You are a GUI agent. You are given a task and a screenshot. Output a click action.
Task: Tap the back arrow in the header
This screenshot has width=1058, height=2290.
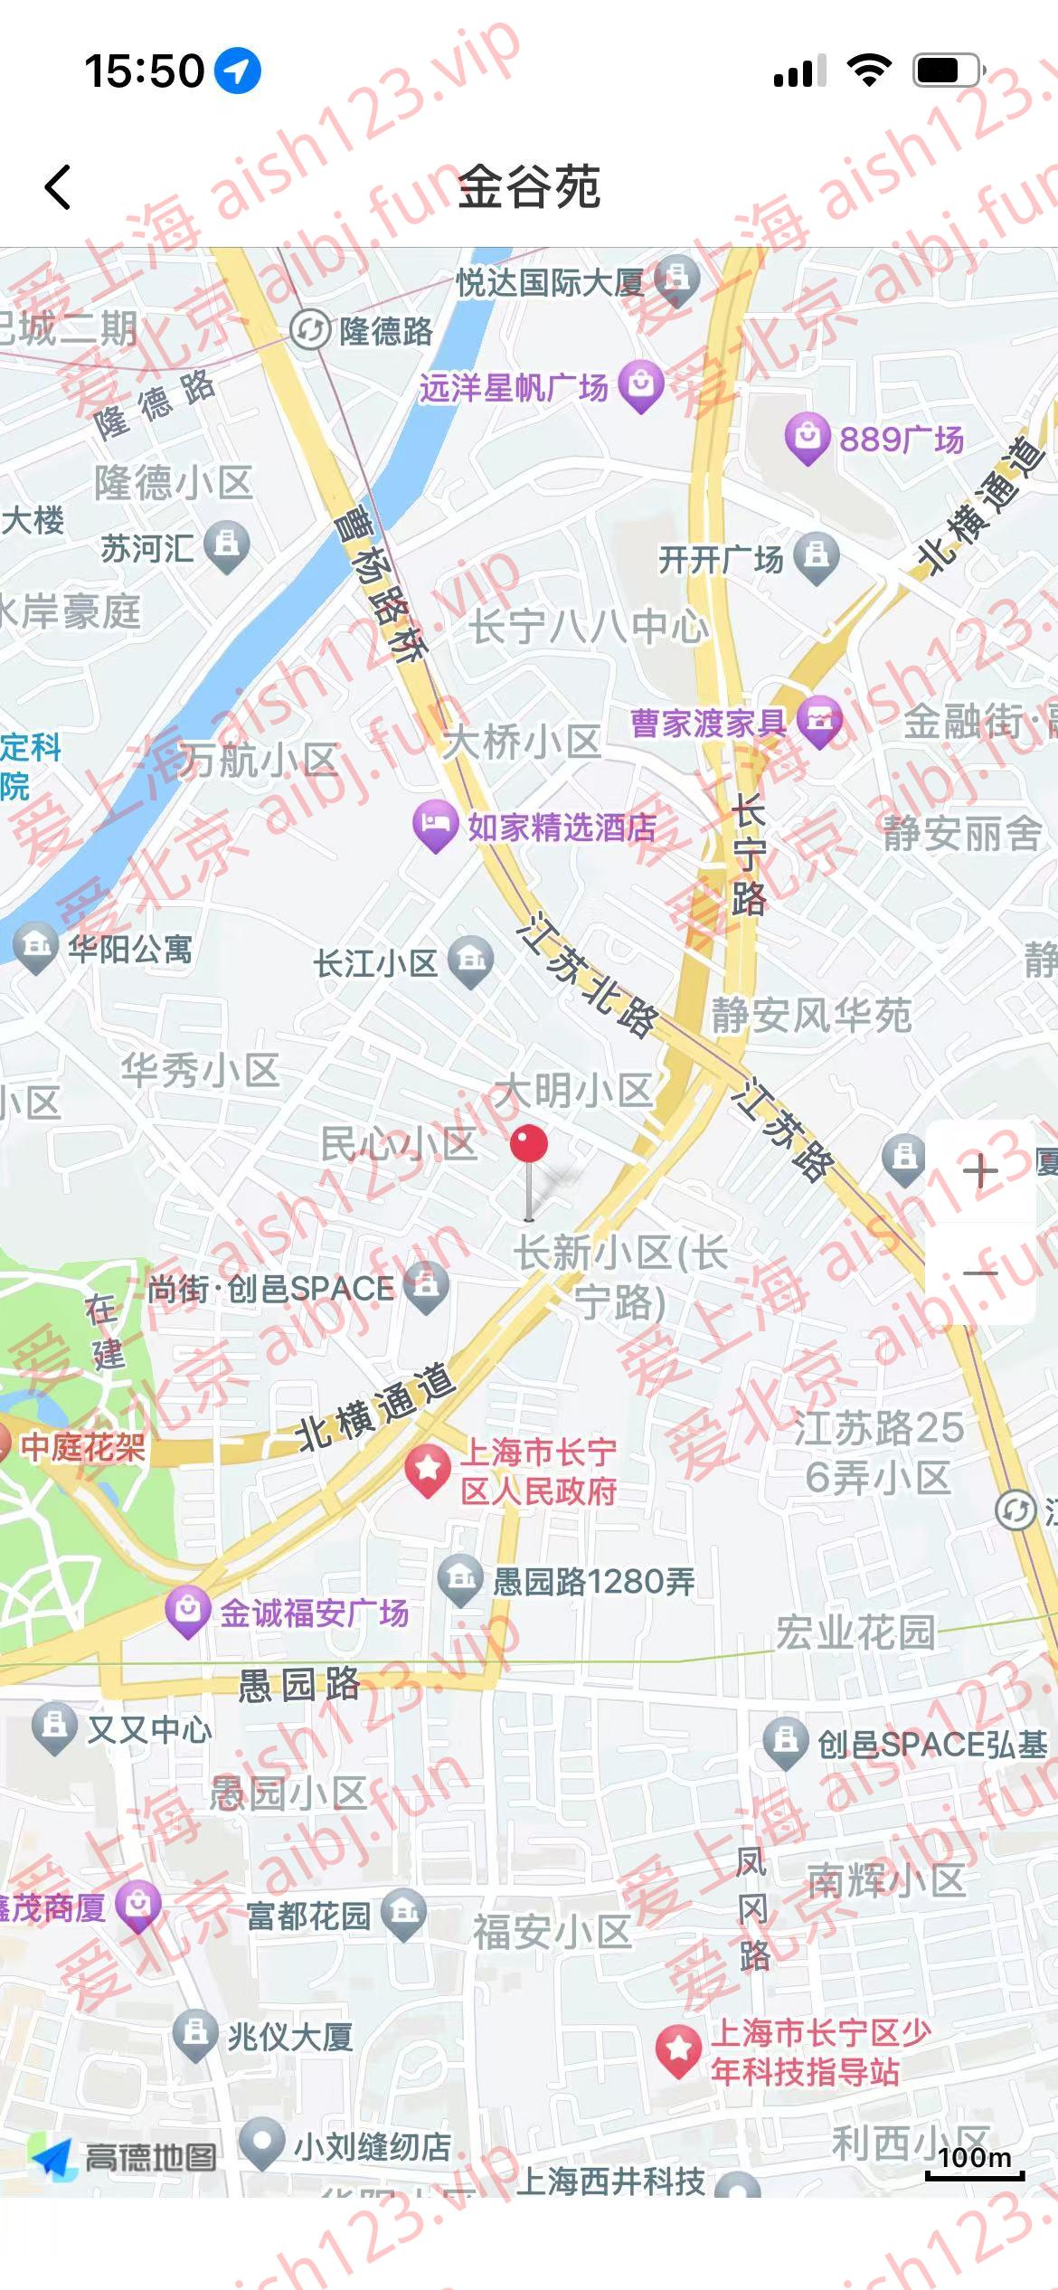[x=58, y=187]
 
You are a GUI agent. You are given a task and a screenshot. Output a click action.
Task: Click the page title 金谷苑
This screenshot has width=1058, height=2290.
[x=529, y=187]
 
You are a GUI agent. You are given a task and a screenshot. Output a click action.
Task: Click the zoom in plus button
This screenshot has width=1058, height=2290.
[x=980, y=1172]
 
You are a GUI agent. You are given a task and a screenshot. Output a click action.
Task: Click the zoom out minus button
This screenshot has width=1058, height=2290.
[x=980, y=1273]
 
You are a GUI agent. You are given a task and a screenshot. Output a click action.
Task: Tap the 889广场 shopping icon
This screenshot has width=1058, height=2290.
[x=807, y=438]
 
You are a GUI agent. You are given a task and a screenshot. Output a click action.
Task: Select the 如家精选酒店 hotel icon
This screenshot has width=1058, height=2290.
[x=435, y=825]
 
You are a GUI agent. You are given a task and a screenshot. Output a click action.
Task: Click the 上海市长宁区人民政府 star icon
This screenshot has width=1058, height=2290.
[x=428, y=1469]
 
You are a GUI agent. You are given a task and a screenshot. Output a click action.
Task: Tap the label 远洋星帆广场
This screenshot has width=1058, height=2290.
[x=513, y=388]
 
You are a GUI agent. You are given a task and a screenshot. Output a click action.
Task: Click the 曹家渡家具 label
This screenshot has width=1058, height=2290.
[x=708, y=723]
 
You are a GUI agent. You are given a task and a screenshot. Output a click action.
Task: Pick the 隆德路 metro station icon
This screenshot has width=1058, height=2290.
[x=309, y=330]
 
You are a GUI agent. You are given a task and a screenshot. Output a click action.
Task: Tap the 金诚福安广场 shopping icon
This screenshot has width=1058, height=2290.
[x=188, y=1611]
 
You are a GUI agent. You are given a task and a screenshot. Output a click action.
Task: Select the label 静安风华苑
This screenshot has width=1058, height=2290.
[x=811, y=1015]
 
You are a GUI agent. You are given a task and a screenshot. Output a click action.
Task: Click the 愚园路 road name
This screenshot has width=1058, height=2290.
[x=298, y=1685]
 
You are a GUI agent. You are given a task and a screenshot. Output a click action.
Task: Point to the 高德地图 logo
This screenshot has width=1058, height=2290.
[x=125, y=2157]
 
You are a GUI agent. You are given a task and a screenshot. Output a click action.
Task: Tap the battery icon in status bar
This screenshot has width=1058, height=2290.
[x=948, y=71]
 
